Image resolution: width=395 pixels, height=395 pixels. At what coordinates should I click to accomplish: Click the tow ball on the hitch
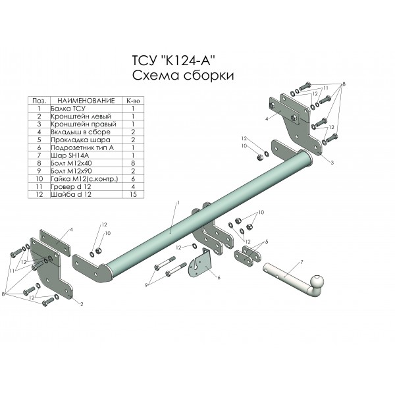point(317,280)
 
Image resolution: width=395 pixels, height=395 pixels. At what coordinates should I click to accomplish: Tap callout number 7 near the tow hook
point(302,263)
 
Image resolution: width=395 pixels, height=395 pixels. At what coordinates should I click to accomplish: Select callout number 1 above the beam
point(178,202)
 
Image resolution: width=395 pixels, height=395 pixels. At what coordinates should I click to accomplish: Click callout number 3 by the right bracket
point(332,163)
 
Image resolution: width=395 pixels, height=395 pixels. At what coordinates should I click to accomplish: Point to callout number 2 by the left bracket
point(82,304)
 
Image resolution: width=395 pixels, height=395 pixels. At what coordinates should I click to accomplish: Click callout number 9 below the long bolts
point(146,285)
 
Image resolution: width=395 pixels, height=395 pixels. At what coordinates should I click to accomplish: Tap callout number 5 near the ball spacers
point(267,242)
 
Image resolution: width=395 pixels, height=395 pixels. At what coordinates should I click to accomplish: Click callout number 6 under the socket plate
point(219,278)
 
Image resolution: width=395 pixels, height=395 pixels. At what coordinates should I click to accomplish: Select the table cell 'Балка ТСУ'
point(68,109)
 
